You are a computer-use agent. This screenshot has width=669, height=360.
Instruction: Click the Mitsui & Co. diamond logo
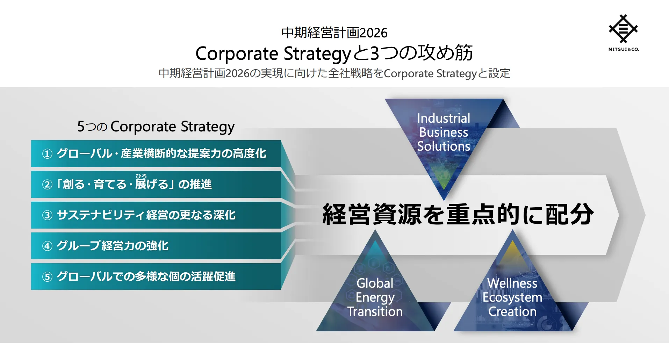click(x=623, y=29)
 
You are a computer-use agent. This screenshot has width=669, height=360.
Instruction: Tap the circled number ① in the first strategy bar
click(x=47, y=154)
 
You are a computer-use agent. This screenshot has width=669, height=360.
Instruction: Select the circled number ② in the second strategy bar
click(x=47, y=185)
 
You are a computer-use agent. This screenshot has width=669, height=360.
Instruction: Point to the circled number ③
click(x=47, y=215)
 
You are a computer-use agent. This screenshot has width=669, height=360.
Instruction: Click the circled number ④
click(x=47, y=246)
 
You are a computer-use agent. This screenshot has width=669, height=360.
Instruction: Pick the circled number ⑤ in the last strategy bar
click(x=47, y=277)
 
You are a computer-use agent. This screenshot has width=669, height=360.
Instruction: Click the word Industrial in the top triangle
click(x=444, y=118)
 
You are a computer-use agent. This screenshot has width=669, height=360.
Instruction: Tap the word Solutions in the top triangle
click(x=444, y=146)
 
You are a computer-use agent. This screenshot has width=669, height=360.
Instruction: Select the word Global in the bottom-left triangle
click(x=375, y=283)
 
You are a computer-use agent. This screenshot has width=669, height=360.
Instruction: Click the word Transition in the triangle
click(x=375, y=311)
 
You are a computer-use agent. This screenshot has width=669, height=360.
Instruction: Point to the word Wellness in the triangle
click(x=512, y=283)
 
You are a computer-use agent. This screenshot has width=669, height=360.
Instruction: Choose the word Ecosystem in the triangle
click(x=512, y=298)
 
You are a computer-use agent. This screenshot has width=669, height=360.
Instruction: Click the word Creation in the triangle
click(x=512, y=311)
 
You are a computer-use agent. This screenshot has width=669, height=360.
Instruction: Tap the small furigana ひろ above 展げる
click(x=141, y=176)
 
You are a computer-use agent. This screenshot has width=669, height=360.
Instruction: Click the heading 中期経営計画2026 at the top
click(x=334, y=33)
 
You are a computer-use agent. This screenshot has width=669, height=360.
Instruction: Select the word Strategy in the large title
click(x=317, y=54)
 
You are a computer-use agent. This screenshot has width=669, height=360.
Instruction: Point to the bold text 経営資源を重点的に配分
click(x=458, y=214)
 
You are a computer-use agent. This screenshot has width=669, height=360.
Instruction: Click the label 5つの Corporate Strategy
click(x=156, y=127)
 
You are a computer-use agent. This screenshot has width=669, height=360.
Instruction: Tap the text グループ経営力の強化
click(x=113, y=246)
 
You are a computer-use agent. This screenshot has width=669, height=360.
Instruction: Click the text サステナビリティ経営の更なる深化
click(x=146, y=215)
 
